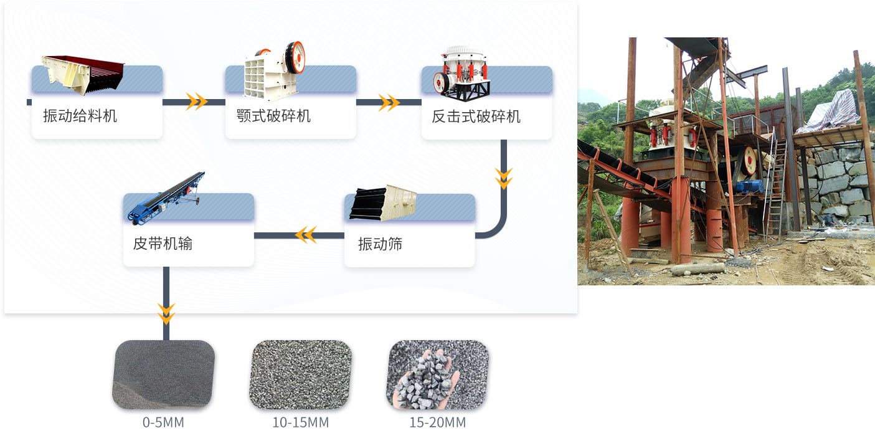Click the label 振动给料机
click(x=80, y=116)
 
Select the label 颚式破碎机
click(x=273, y=116)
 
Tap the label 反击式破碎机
click(x=476, y=117)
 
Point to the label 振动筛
click(x=380, y=244)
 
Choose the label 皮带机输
click(x=163, y=244)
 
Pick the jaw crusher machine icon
click(x=274, y=70)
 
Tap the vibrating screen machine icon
click(x=382, y=202)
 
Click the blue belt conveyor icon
click(x=166, y=197)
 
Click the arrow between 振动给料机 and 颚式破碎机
click(x=197, y=102)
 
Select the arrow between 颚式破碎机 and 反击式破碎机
click(x=389, y=102)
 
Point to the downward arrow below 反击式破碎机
click(x=503, y=178)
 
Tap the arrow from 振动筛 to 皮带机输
click(x=306, y=235)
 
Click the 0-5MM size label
click(x=163, y=422)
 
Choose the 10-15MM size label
click(x=300, y=422)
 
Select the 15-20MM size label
click(x=437, y=422)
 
